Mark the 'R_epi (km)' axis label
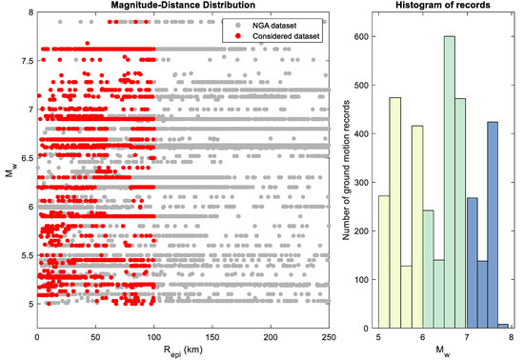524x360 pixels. [x=183, y=350]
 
